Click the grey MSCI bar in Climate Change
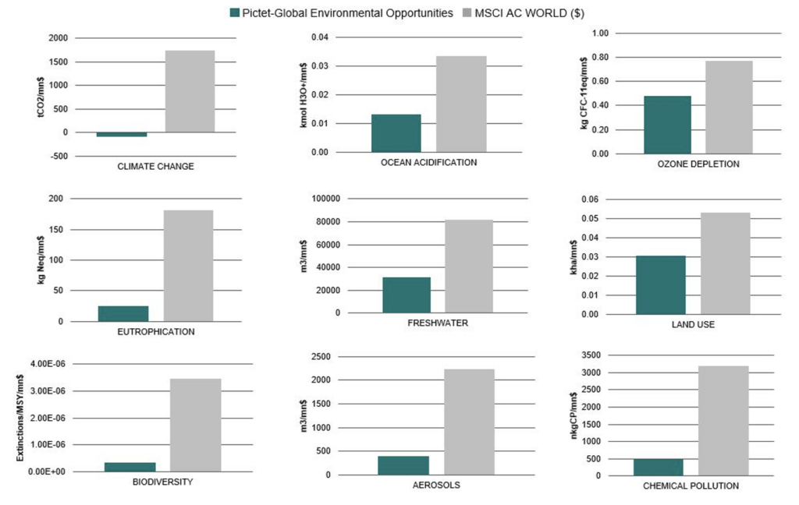tap(190, 91)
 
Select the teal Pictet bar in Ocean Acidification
tap(396, 133)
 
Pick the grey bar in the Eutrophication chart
tap(188, 266)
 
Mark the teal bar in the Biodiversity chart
tap(130, 467)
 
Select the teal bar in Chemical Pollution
tap(658, 467)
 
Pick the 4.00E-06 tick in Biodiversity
tap(48, 364)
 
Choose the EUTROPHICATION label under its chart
tap(155, 332)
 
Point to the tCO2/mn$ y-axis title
tap(41, 97)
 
